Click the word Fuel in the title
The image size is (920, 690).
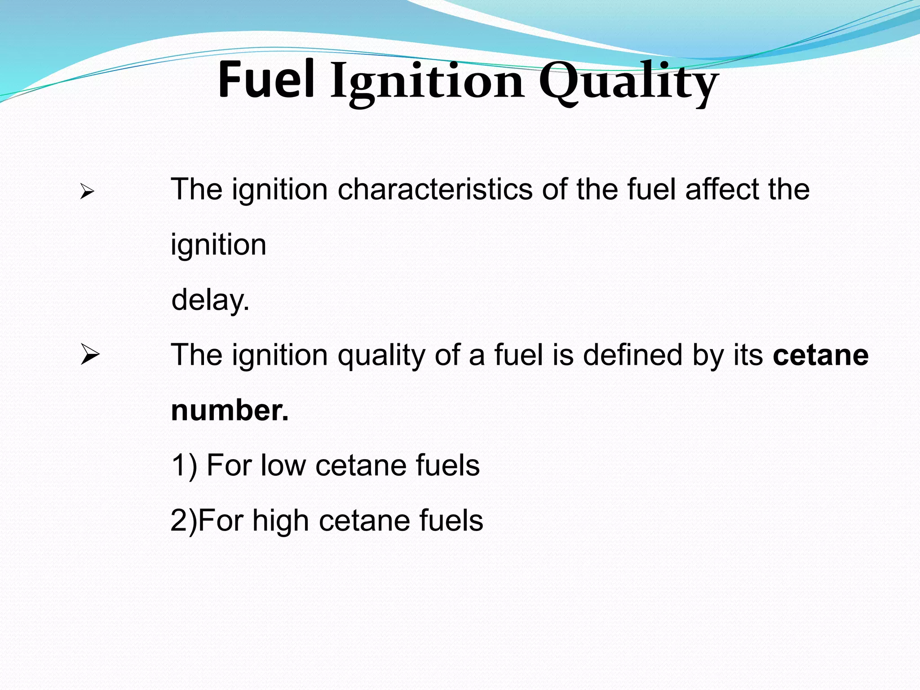coord(266,81)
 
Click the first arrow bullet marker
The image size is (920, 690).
coord(87,192)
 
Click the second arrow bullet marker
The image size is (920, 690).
coord(90,355)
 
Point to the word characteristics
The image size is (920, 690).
coord(435,189)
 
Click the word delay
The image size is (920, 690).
coord(210,300)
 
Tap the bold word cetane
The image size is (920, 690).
coord(820,355)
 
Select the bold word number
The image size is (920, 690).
coord(230,411)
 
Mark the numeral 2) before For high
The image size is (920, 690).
coord(183,522)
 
